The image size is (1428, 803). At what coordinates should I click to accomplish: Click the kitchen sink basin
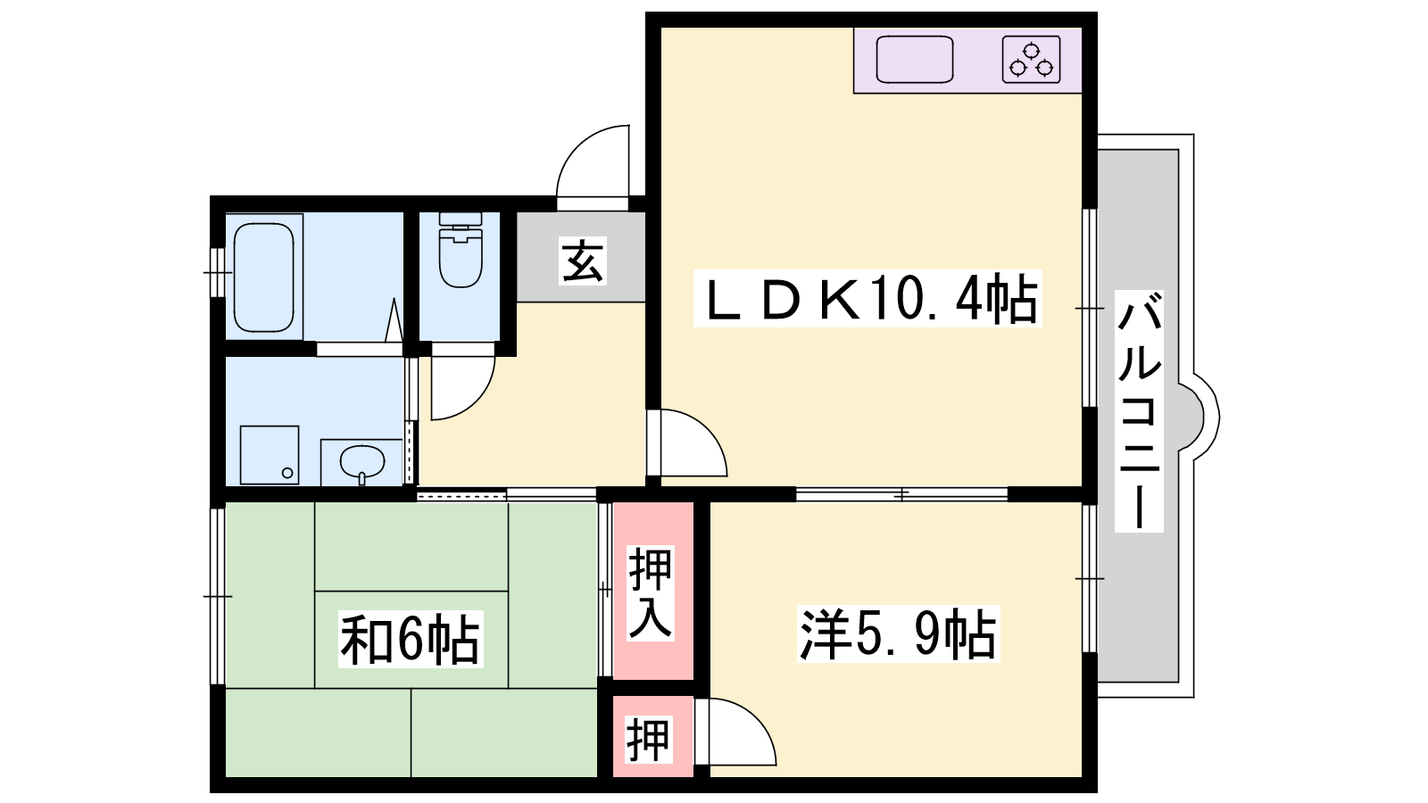[x=914, y=59]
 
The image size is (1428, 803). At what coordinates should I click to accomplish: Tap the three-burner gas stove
[x=1031, y=59]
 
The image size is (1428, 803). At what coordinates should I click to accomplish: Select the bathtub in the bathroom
[x=264, y=277]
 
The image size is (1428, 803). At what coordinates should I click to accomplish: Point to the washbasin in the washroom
[x=362, y=461]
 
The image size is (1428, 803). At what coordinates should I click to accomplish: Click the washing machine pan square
[x=269, y=455]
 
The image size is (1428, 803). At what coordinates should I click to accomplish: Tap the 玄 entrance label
[x=583, y=261]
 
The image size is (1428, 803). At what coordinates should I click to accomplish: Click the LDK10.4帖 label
[x=868, y=298]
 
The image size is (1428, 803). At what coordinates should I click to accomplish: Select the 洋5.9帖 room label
[x=898, y=634]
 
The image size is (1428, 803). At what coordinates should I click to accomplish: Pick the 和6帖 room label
[x=411, y=639]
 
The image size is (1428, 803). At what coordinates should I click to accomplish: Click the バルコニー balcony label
[x=1139, y=411]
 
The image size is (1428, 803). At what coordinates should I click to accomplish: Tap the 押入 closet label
[x=651, y=592]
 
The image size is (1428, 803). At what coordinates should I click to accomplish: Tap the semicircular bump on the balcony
[x=1199, y=418]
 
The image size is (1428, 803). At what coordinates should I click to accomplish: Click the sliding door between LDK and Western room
[x=901, y=494]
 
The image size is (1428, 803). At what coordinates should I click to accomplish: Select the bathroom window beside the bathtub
[x=218, y=273]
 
